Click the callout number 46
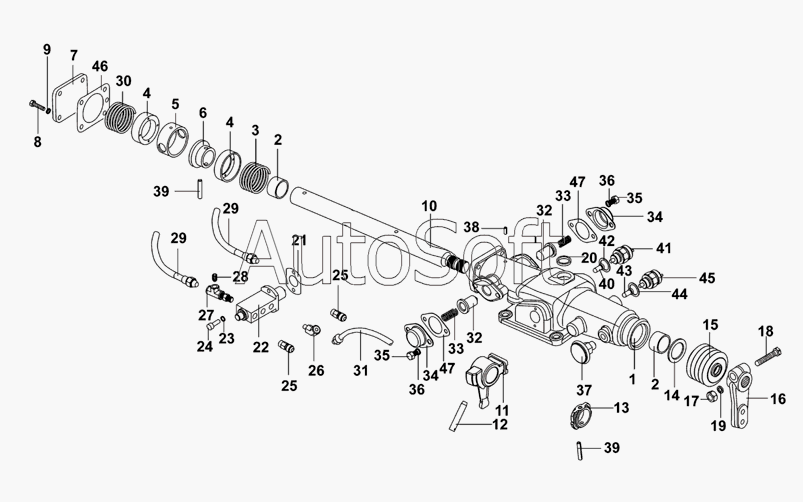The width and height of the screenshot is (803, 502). [x=100, y=67]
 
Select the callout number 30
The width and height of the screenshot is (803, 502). [x=123, y=81]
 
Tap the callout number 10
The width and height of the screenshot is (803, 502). [x=430, y=206]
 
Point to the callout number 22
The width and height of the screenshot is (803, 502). [x=261, y=347]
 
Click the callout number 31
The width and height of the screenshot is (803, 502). [x=361, y=370]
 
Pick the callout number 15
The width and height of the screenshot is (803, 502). [x=710, y=325]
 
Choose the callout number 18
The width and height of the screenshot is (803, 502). [x=766, y=331]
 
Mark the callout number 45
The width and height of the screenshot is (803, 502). [x=707, y=278]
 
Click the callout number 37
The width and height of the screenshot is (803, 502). [x=584, y=390]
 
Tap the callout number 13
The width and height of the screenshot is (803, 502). [x=621, y=408]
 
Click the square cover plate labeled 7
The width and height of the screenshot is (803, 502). [x=69, y=98]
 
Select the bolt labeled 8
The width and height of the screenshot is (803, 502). [x=38, y=107]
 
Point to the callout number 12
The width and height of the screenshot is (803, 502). [x=500, y=424]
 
